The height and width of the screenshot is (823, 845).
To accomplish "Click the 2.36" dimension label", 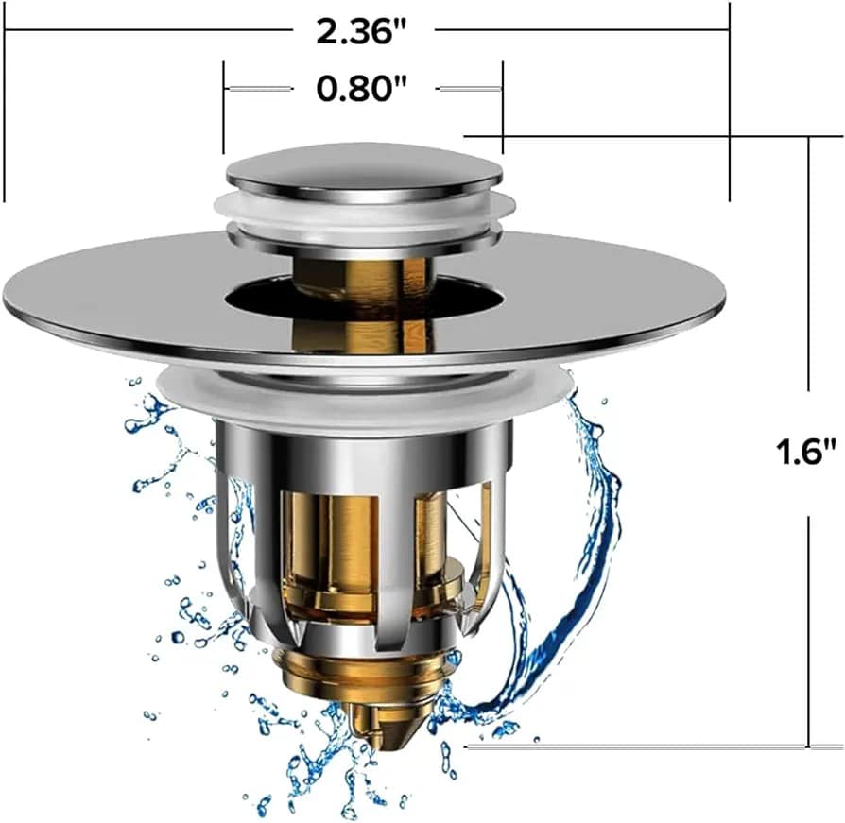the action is pos(361,31).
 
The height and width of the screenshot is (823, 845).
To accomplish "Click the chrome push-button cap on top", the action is pos(364,173).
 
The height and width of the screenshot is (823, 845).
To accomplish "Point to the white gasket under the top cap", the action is pos(364,211).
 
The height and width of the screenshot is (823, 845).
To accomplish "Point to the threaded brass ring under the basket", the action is pos(364,667).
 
